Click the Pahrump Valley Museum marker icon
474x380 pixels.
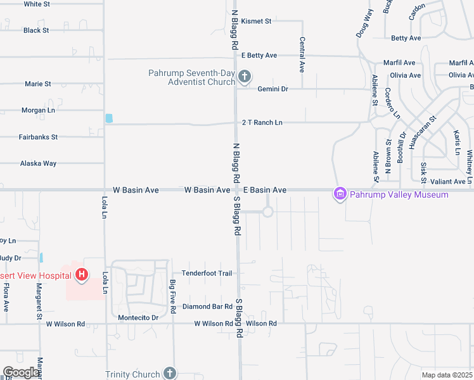coord(340,194)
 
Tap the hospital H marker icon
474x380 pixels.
coord(82,274)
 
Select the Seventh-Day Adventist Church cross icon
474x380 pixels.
coord(245,77)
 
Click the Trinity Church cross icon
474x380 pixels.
coord(169,373)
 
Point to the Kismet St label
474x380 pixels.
coord(256,21)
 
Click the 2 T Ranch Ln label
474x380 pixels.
coord(262,122)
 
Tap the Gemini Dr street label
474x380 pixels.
coord(272,89)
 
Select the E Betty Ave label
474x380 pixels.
coord(259,56)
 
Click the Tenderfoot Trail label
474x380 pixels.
coord(207,273)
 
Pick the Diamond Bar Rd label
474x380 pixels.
coord(207,307)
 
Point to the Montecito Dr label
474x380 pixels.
coord(138,317)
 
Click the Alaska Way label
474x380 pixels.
coord(38,163)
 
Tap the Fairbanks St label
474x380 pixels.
coord(38,137)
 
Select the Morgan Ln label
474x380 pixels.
coord(38,110)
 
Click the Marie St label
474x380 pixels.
coord(38,84)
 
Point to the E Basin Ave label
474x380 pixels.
coord(265,190)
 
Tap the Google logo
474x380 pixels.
coord(21,372)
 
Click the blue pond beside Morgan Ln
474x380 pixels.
coord(109,118)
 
